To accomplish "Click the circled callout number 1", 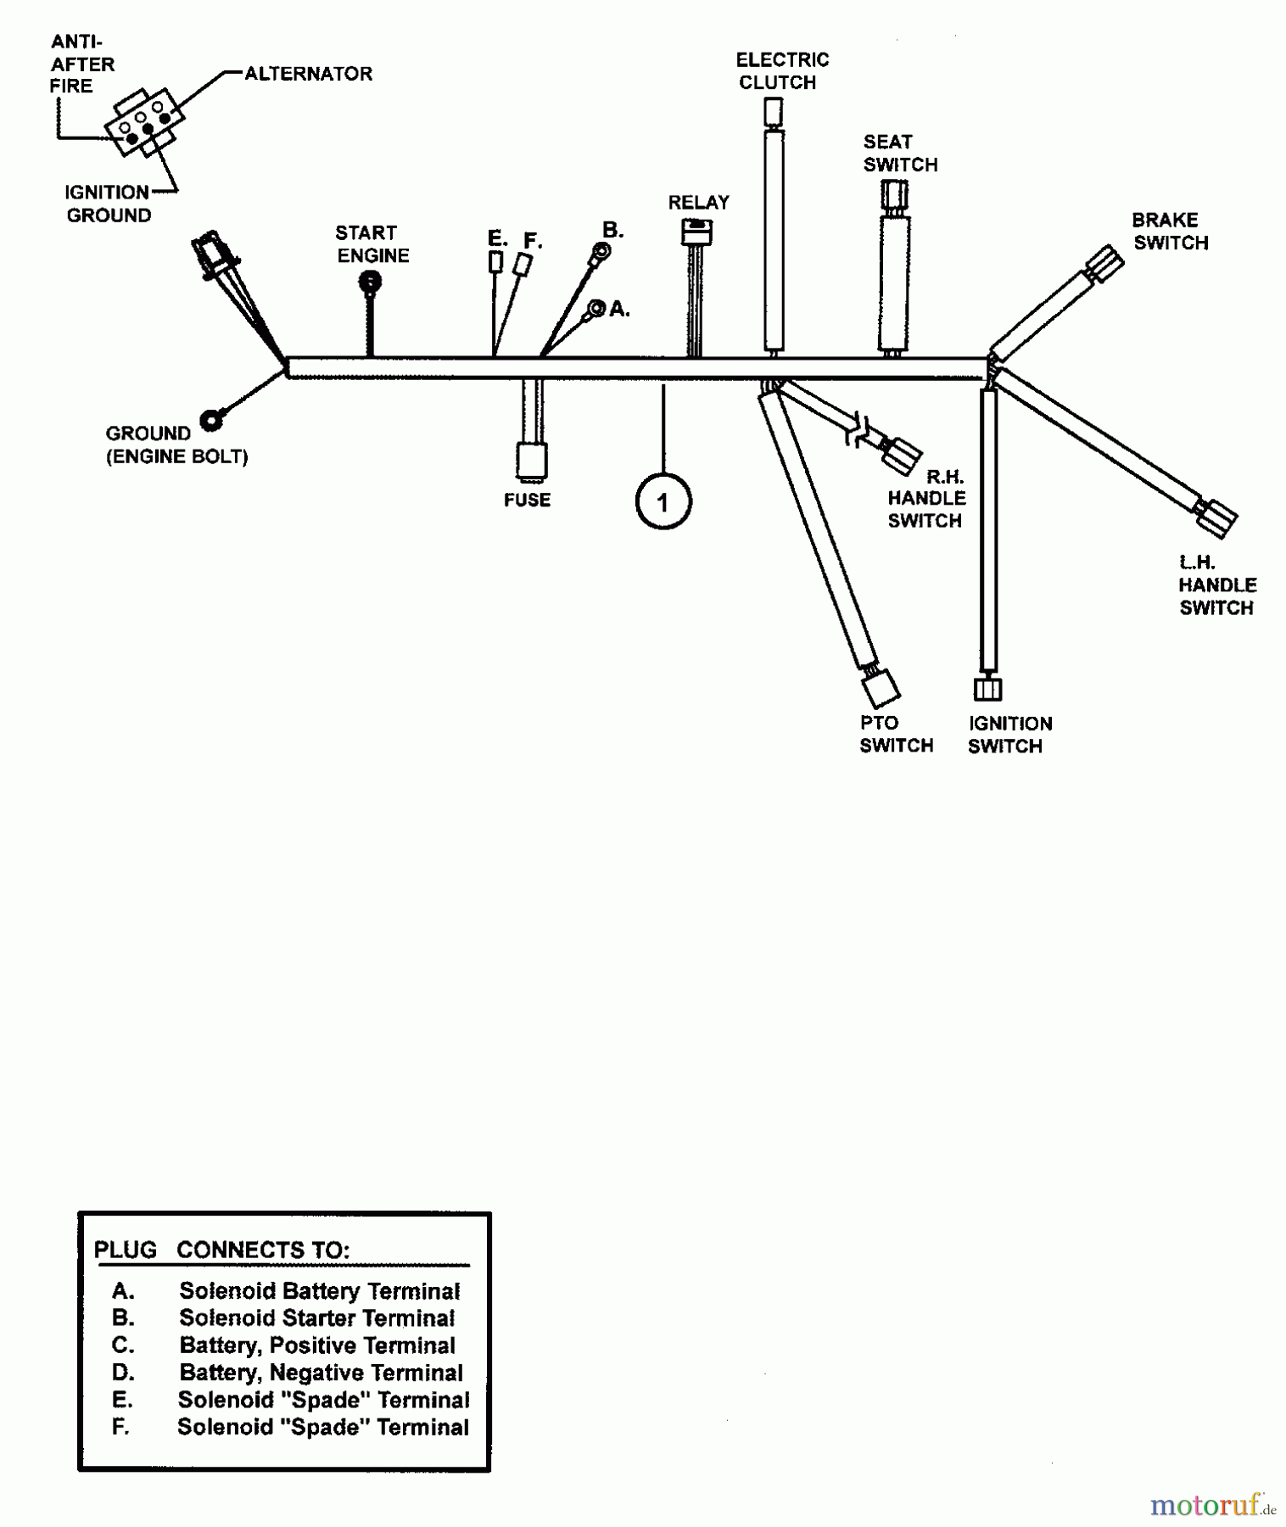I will (663, 502).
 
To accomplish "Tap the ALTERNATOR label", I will (309, 74).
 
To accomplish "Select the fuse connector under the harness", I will (532, 461).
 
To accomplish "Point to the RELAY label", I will (698, 203).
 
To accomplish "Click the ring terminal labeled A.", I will (596, 308).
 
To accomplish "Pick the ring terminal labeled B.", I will (601, 250).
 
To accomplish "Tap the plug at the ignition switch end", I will (987, 688).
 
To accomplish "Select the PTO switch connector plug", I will (881, 685).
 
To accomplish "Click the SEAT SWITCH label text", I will (900, 154).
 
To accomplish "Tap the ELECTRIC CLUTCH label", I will (781, 71).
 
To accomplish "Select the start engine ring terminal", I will (371, 282).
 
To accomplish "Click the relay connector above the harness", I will (697, 232).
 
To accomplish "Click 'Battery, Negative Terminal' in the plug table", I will (321, 1373).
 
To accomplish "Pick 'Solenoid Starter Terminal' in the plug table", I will (316, 1318).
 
